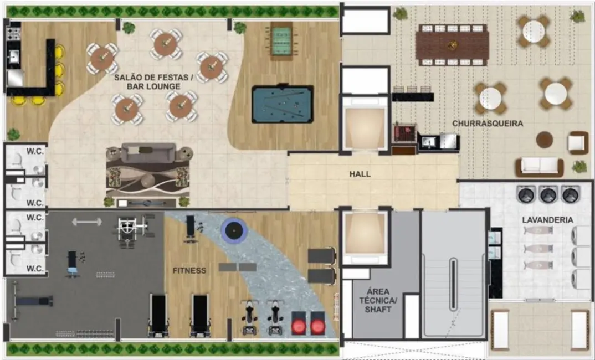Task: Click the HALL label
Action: (x=360, y=174)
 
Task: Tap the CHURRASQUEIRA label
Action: (x=487, y=124)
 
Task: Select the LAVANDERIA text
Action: (x=547, y=220)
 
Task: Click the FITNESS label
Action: (x=189, y=271)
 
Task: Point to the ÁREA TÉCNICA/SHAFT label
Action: (x=378, y=300)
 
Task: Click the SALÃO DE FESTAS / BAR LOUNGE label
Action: (x=153, y=83)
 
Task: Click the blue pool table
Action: (x=282, y=104)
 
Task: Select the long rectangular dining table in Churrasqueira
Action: (x=452, y=45)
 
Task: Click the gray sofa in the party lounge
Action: (x=148, y=153)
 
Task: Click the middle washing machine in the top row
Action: (x=547, y=194)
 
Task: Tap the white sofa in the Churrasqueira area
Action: (x=540, y=166)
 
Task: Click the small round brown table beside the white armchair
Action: (x=544, y=140)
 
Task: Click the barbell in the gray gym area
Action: (x=87, y=222)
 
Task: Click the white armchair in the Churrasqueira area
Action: (x=577, y=143)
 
